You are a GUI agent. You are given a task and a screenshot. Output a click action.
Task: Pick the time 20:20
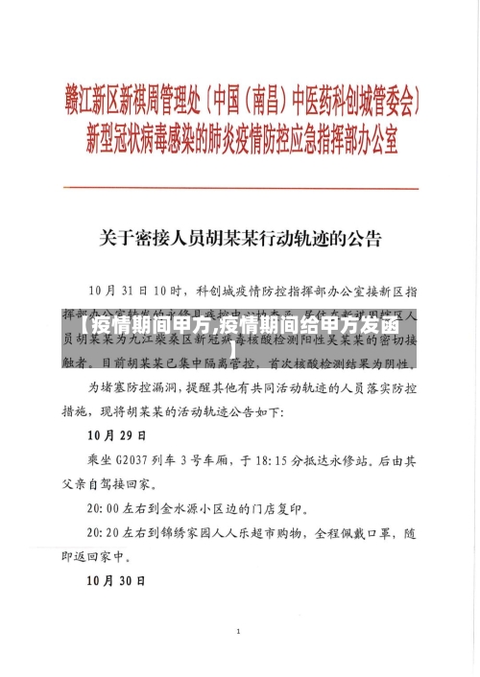[x=106, y=531]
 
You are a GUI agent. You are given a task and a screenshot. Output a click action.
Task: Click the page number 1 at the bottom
[x=239, y=632]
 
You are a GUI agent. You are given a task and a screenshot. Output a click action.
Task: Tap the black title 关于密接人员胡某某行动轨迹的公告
[x=240, y=235]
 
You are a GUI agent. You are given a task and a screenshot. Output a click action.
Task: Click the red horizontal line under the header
[x=240, y=188]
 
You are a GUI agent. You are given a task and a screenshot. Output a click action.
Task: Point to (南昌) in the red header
[x=274, y=100]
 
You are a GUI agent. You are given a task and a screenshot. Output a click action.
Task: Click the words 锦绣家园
[x=201, y=531]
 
